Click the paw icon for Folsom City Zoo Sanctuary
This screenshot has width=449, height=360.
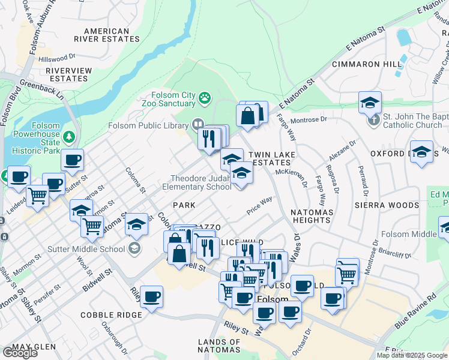coord(205,97)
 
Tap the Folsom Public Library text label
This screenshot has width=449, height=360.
coord(148,125)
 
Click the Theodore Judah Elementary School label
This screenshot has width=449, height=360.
coord(200,182)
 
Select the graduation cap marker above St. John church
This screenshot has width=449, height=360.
coord(370,101)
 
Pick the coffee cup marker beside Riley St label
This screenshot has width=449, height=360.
coord(152,296)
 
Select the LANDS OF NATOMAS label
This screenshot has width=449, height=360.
coord(219,346)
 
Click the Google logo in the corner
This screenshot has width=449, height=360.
coord(19,352)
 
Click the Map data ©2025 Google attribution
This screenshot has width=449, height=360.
coord(411,355)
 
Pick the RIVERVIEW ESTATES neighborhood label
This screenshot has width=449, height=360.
coord(70,74)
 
